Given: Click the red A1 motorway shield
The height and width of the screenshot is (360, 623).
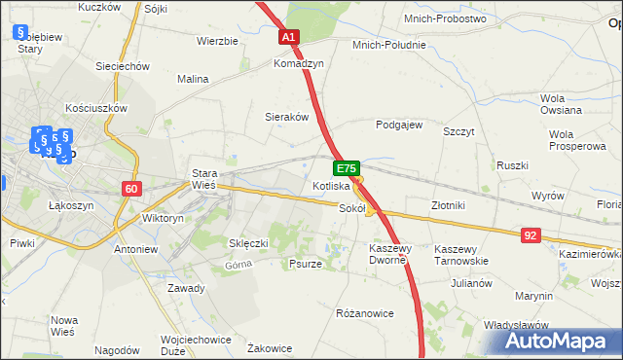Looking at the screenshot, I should coord(290,37).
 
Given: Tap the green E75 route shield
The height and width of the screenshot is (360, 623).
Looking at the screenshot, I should coord(348,167).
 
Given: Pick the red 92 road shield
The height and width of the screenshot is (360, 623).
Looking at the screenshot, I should coord(530,234).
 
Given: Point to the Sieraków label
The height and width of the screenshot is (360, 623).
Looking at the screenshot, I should coord(287,116).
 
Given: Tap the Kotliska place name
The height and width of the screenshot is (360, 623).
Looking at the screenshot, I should coord(331,185).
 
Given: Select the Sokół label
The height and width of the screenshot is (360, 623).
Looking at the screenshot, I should coord(351,207).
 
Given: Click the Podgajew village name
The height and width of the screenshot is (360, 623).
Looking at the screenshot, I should coord(399,125).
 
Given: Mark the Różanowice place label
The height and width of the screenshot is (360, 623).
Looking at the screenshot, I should coord(364,313).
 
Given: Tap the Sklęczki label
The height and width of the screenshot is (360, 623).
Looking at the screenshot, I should coord(247,242).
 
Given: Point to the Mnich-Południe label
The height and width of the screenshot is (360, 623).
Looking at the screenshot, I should coord(391,45).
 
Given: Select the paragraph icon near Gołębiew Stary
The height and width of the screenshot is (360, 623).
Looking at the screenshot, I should coord(19,32).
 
